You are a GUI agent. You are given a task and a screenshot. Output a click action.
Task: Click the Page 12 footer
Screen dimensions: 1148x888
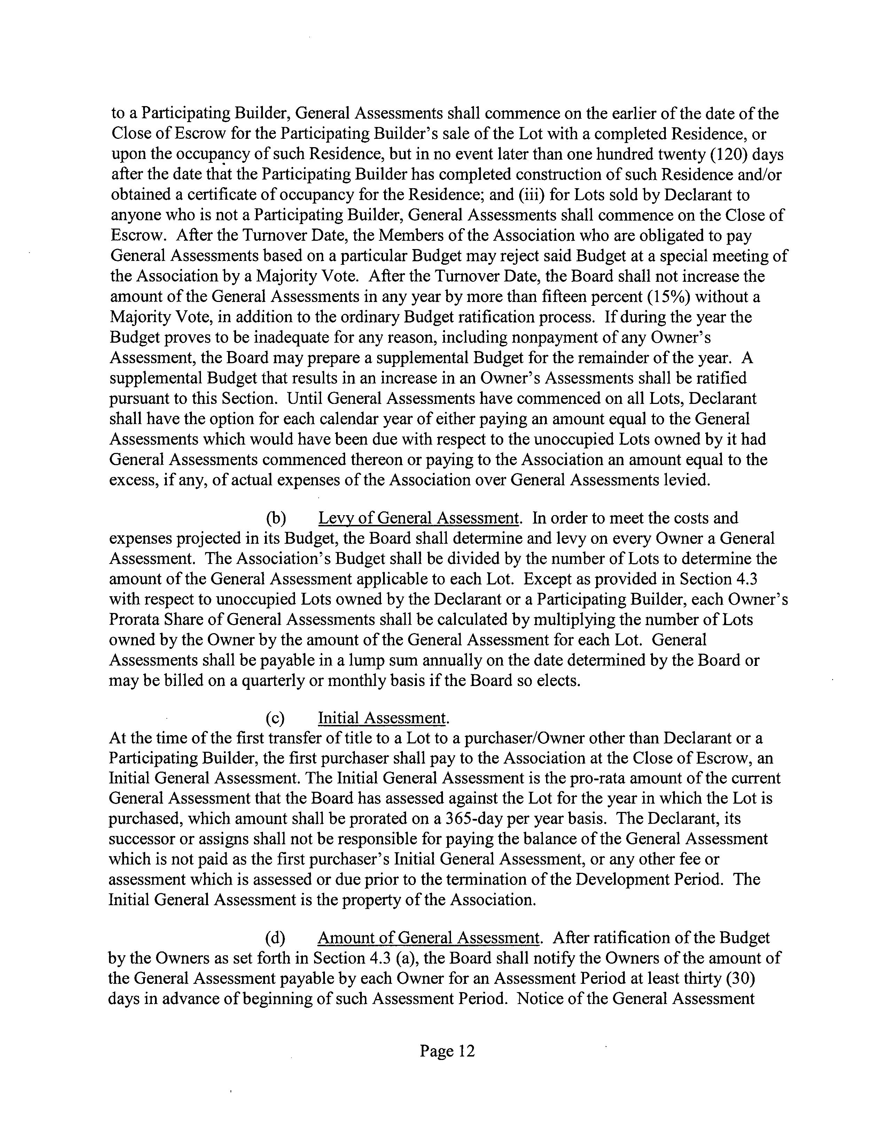(447, 1051)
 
